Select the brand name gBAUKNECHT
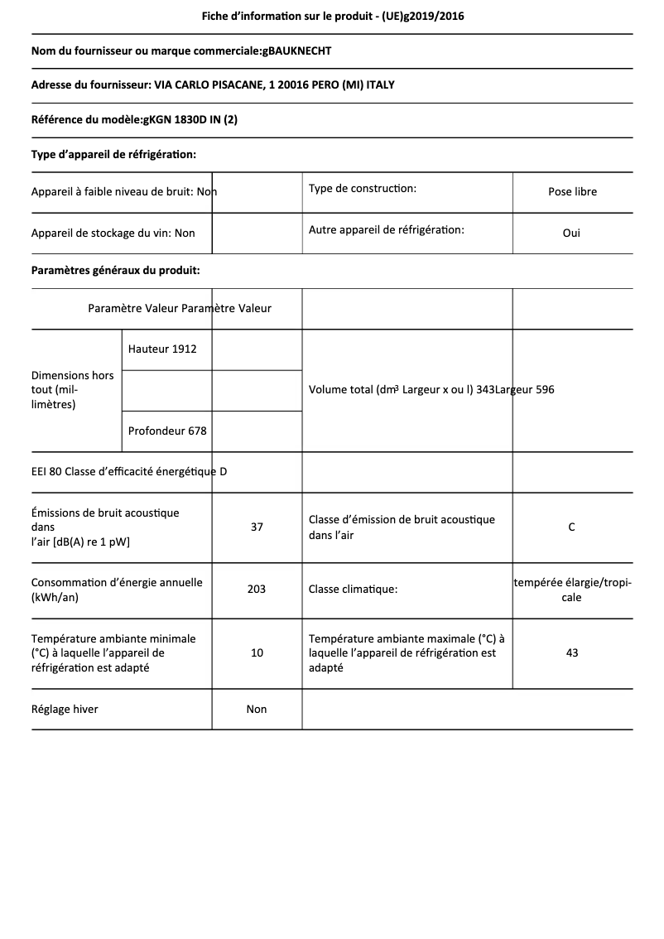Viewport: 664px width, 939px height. (x=296, y=51)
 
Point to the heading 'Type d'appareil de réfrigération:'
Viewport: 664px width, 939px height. (x=113, y=154)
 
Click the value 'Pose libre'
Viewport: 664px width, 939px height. (x=572, y=191)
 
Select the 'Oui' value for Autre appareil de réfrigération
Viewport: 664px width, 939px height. (x=571, y=233)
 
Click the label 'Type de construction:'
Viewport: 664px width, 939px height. (x=362, y=189)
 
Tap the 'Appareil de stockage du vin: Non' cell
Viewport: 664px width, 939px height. (x=113, y=233)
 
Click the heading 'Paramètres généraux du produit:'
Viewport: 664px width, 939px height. (x=115, y=270)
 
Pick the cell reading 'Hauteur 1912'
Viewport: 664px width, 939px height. (x=162, y=349)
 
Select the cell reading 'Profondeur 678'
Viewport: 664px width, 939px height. (x=167, y=431)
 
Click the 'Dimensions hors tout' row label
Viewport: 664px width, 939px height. (x=73, y=389)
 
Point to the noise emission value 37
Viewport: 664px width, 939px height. (x=257, y=527)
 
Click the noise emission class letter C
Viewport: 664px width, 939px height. (x=571, y=527)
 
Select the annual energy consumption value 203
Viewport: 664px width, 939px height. (x=257, y=590)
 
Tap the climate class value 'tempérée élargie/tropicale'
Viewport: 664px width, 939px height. (x=572, y=590)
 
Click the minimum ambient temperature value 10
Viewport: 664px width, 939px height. (x=257, y=652)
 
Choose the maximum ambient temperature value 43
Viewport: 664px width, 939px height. (x=571, y=652)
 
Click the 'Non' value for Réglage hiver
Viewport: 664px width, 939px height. (x=257, y=709)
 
